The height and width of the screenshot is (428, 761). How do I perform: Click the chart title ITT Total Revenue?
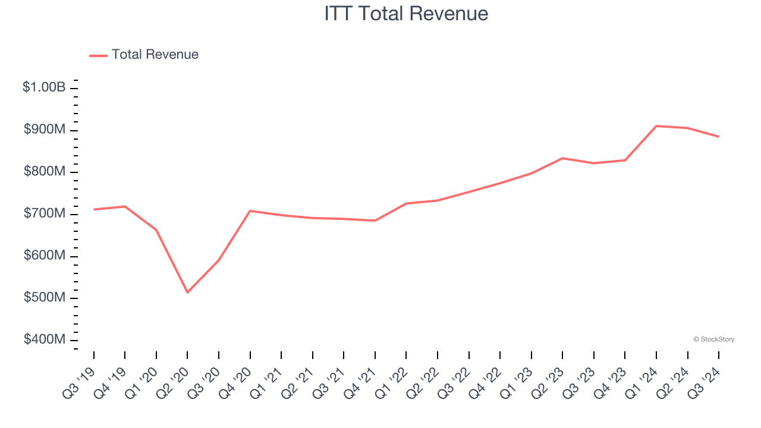pos(406,14)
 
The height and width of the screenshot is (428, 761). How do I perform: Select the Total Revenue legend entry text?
pos(155,55)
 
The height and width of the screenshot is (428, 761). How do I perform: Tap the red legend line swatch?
pos(98,55)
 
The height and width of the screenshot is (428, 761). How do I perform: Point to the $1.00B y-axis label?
pos(44,87)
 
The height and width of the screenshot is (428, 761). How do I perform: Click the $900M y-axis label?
pos(44,130)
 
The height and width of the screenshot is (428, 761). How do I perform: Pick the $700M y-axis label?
pos(44,213)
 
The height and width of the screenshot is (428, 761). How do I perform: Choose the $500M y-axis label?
pos(44,297)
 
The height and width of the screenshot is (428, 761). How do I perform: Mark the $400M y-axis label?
pos(44,339)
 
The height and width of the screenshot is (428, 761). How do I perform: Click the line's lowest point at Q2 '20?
pos(187,292)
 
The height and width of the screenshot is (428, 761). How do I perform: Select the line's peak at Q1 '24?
pos(656,126)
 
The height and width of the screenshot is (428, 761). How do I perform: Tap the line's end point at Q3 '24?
pos(718,137)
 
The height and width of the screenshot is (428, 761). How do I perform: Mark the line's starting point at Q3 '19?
pos(94,209)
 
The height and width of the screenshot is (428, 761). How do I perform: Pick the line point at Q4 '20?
pos(250,211)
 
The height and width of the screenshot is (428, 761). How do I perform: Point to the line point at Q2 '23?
pos(562,158)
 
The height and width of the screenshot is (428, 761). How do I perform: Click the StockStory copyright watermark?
pos(713,339)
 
